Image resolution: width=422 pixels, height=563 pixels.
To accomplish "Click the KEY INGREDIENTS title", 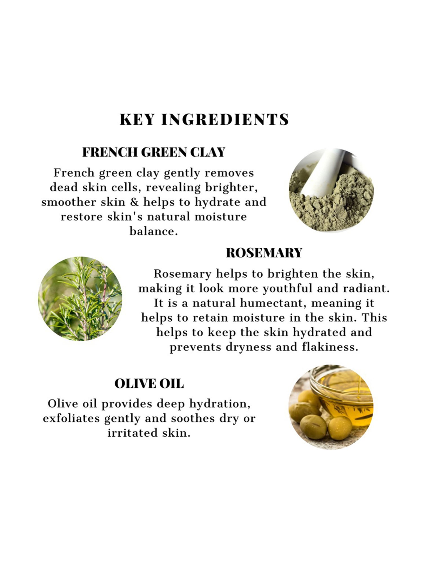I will click(204, 119).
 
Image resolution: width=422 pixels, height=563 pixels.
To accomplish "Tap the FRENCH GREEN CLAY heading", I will click(154, 152).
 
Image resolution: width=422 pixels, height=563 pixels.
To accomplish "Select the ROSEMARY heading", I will click(264, 253).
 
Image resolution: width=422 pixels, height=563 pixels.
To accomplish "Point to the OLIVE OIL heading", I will click(149, 384).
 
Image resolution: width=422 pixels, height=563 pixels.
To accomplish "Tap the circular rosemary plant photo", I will click(80, 298).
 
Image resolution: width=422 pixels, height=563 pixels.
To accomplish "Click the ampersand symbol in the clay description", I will click(134, 202).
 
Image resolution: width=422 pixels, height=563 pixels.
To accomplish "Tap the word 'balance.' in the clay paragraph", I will click(154, 231).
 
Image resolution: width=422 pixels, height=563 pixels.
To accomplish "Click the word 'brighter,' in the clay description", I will click(231, 187).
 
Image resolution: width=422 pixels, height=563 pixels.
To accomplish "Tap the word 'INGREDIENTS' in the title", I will click(225, 119).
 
